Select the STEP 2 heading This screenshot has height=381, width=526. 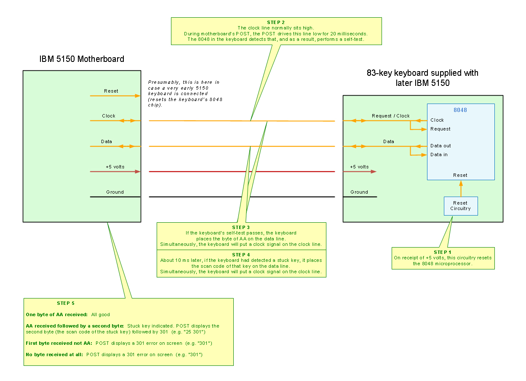point(276,22)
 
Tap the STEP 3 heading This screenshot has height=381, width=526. point(241,227)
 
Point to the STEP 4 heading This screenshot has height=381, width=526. point(241,255)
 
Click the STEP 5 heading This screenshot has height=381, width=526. point(66,303)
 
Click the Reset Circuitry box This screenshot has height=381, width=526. point(460,206)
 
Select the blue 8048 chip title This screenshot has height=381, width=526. point(460,110)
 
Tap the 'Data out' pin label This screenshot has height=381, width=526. point(441,146)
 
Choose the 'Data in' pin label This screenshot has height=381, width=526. point(439,155)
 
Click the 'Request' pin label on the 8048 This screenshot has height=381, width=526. point(440,129)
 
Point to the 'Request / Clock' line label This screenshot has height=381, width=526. point(390,116)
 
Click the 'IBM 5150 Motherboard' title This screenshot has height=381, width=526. point(82,59)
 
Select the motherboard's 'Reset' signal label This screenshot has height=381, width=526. point(111,91)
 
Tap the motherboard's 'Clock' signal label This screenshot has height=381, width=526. point(108,116)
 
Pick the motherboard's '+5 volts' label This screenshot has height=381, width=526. point(115,167)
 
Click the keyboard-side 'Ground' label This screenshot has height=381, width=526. point(359,192)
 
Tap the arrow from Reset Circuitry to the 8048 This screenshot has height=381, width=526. point(461,188)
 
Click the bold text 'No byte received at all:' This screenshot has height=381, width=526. point(55,354)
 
